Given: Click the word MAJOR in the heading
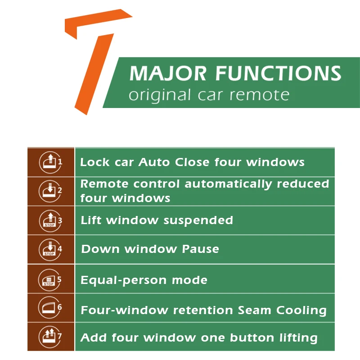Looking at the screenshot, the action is pos(168,73).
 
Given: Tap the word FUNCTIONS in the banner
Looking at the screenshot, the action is pos(278,73).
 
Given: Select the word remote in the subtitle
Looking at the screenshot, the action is pos(260,95).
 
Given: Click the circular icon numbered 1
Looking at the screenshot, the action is pos(50,162).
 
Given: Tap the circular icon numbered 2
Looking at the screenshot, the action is pos(50,191).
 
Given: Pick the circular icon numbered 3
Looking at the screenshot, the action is pos(50,220).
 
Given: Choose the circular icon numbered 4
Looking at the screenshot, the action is pos(50,250).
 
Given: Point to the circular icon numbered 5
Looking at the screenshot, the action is pos(50,280).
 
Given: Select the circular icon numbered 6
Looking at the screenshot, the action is pos(50,307).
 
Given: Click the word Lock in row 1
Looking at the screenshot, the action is pos(95,162).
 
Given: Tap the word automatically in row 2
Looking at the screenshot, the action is pos(229,184).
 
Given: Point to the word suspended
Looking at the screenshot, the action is pos(198,220).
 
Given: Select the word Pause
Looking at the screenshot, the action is pos(200,249).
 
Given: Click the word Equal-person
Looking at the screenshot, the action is pos(124,280).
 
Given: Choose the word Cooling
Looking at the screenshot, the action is pos(301,310).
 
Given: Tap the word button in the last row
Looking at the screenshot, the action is pos(252,338).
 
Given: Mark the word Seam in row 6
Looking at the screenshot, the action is pos(254,310).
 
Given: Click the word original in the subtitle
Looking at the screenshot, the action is pos(160,95).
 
